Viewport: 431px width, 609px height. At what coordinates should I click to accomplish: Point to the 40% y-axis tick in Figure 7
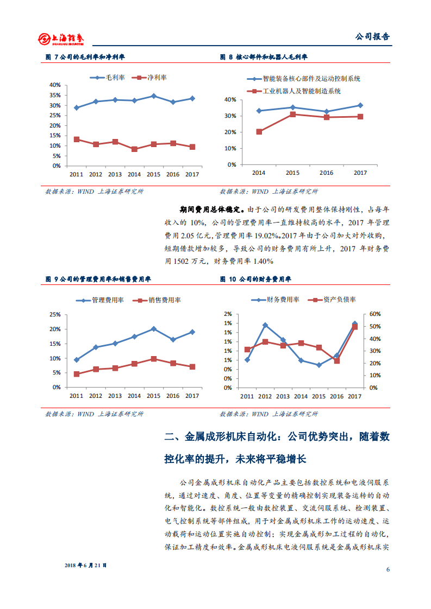54,85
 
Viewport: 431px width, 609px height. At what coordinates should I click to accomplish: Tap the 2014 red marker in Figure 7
134,149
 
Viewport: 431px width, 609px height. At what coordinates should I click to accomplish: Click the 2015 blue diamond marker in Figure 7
154,96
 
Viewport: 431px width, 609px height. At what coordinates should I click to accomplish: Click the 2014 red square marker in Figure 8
259,131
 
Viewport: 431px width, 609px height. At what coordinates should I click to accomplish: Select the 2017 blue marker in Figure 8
360,105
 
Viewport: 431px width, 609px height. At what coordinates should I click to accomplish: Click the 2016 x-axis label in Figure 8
326,173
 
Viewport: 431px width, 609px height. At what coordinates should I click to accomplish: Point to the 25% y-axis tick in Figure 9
54,314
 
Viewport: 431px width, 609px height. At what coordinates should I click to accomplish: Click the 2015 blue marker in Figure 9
154,329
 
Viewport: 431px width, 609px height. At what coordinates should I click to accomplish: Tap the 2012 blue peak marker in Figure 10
265,325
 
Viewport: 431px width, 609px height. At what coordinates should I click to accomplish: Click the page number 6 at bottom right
388,569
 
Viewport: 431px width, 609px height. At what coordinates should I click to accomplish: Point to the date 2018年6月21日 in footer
86,565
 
